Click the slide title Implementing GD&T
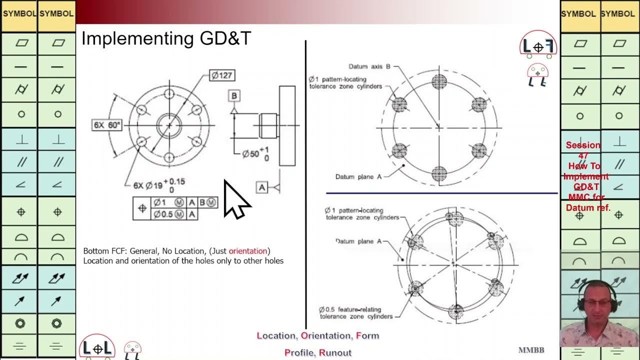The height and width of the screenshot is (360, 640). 166,38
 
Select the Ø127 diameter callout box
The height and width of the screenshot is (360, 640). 221,75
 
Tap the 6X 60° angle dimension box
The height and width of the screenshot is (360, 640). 107,125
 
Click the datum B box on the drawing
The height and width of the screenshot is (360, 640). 234,95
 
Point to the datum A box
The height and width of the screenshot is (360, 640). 262,187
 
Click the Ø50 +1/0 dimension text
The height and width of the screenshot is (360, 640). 255,153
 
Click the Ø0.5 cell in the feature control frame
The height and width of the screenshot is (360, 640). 168,214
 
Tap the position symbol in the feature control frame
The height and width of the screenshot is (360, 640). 142,208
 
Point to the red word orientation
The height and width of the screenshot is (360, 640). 248,250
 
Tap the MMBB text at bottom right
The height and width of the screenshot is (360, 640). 531,350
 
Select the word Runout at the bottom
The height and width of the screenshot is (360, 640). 335,352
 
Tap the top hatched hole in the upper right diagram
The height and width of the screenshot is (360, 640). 439,81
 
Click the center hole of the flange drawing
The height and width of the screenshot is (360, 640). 169,125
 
